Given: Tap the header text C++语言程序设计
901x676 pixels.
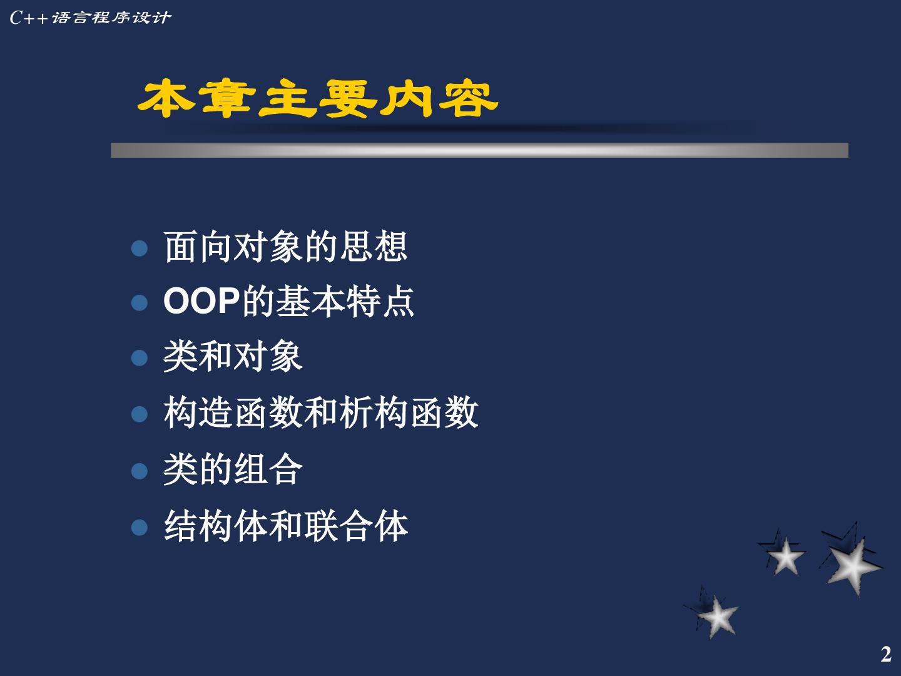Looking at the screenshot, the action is pyautogui.click(x=90, y=18).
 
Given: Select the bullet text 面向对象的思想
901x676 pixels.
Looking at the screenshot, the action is pyautogui.click(x=285, y=247).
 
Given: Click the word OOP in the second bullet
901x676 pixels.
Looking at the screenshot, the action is pyautogui.click(x=201, y=301).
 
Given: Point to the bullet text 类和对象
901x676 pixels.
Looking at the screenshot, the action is pyautogui.click(x=233, y=356).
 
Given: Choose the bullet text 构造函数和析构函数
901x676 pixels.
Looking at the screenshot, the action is pyautogui.click(x=321, y=412).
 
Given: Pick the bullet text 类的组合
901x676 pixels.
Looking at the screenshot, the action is pyautogui.click(x=233, y=469).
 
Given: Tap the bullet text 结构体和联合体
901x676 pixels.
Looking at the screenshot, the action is pyautogui.click(x=286, y=526).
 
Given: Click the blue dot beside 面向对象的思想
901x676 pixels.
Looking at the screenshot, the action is pyautogui.click(x=140, y=248).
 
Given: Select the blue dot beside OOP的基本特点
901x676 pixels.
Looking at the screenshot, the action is pyautogui.click(x=140, y=303).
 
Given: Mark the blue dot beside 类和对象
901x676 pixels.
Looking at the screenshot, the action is pyautogui.click(x=140, y=358).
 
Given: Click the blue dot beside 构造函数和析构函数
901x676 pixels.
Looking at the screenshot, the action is pyautogui.click(x=140, y=414).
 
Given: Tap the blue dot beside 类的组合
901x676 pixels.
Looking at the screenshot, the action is pyautogui.click(x=140, y=471).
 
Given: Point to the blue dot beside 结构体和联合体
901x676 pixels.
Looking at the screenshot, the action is pyautogui.click(x=140, y=528).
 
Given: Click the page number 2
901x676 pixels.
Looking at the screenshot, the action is pyautogui.click(x=886, y=654).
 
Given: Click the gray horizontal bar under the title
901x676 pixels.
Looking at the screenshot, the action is pyautogui.click(x=479, y=150).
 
